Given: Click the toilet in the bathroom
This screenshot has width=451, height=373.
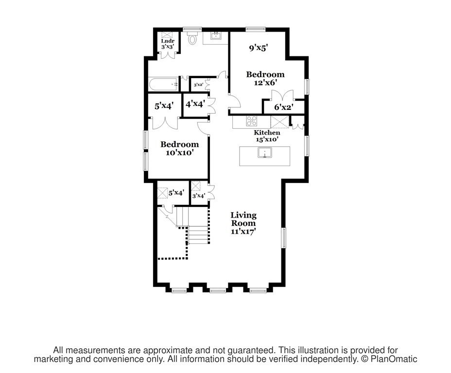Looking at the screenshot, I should coord(191,38).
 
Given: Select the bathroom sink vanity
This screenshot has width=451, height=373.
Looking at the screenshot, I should coord(215,37).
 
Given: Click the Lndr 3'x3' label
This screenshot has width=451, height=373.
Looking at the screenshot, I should coord(168,44).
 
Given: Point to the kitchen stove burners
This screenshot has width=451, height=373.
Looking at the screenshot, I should coord(252,121).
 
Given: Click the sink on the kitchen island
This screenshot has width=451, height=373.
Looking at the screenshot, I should coord(264,155).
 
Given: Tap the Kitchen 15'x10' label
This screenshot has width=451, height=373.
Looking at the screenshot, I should coord(267,136).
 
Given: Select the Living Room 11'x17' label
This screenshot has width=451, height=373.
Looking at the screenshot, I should coord(243,223).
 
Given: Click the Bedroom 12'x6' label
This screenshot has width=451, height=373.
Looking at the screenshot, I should coord(265,78).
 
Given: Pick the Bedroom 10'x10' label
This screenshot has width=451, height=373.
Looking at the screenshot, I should coord(179,148).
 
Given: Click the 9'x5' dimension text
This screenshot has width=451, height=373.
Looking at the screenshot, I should coord(259,48).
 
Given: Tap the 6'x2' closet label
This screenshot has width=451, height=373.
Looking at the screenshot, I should coord(283,107).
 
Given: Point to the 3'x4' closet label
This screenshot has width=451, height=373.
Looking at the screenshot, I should coord(198,196).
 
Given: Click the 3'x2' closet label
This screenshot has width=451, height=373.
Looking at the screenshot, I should coord(198,85).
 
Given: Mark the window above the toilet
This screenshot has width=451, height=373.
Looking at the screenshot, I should coord(192,28).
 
